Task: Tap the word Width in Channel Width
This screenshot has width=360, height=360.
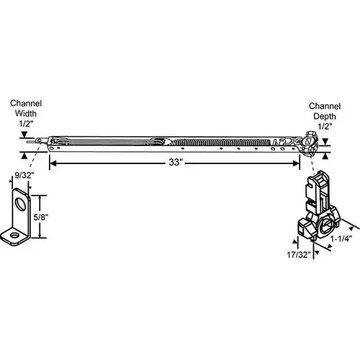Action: coord(25,113)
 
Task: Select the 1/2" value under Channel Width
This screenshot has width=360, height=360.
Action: coord(25,123)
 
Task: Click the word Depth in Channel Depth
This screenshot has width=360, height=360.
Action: coord(324,117)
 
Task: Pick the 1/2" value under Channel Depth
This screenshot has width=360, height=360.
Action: coord(324,127)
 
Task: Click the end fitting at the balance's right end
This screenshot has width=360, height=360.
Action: coord(310,141)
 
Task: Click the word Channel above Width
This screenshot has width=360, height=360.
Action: coord(25,104)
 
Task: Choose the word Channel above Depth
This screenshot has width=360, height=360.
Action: coord(324,107)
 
